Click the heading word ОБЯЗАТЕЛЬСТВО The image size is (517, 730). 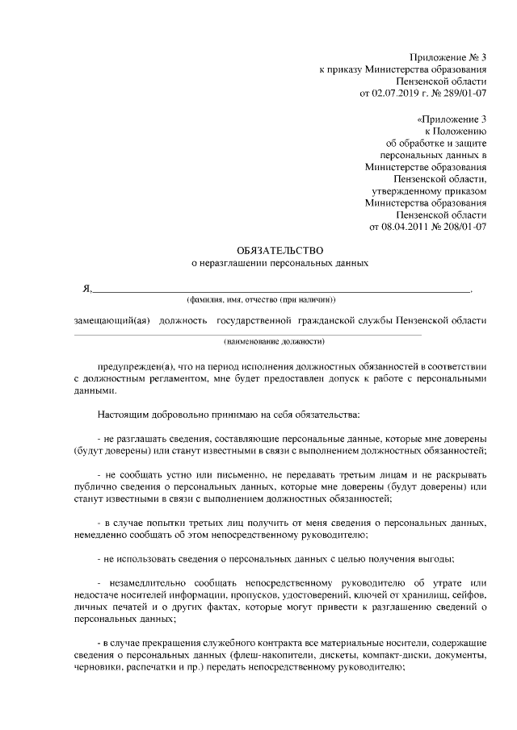click(x=279, y=250)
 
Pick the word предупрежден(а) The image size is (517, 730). click(x=132, y=364)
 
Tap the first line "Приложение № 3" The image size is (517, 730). click(x=449, y=57)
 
